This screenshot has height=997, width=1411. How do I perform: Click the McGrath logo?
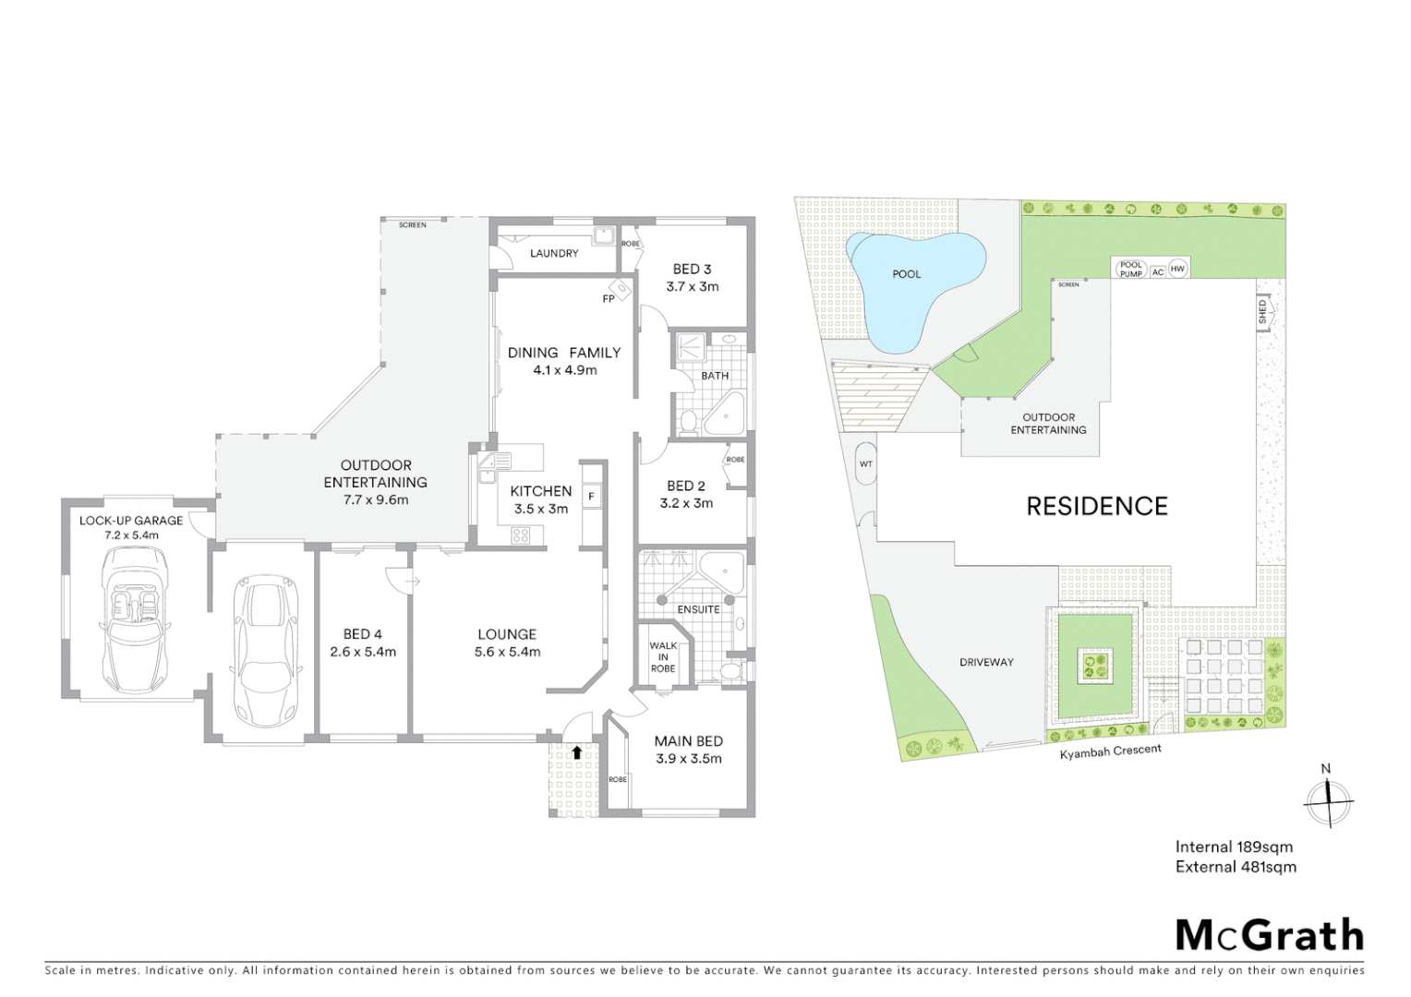coord(1269,935)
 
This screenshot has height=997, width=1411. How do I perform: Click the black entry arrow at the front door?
coord(577,752)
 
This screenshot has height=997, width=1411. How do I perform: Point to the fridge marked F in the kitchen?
coord(592,497)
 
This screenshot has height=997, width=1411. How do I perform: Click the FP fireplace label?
coord(609,299)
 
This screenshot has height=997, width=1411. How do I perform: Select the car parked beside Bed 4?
coord(263,650)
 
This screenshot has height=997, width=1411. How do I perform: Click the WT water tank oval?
coord(866,463)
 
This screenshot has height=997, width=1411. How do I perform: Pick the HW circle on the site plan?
coord(1177,270)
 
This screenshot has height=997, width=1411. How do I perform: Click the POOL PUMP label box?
coord(1130,270)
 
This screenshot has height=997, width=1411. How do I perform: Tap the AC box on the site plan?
coord(1158,272)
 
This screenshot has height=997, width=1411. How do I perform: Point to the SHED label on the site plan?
coord(1262,311)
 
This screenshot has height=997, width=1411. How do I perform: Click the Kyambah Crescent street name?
coord(1110,752)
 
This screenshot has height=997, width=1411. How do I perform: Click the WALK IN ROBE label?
coord(662,657)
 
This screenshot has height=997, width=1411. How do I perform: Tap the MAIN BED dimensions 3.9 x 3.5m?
coord(688,759)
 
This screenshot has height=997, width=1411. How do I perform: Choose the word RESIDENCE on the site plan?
coord(1097,506)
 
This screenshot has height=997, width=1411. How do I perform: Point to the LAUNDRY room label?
coord(554,253)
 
